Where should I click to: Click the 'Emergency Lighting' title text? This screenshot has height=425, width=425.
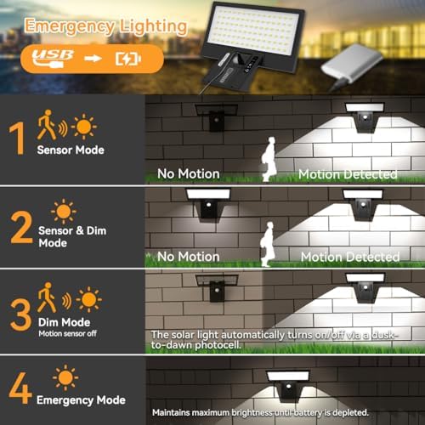(x=105, y=25)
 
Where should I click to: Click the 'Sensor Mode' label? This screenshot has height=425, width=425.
(x=71, y=150)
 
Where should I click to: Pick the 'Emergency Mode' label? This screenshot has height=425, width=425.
(x=82, y=399)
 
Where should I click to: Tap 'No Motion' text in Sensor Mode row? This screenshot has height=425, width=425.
(x=189, y=173)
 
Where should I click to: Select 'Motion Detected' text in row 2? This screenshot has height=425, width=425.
(x=348, y=256)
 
